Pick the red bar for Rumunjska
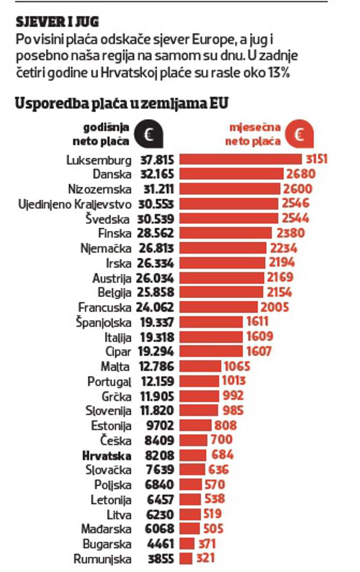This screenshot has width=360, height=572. coord(185,558)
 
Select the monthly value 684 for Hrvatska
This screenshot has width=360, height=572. coord(222,454)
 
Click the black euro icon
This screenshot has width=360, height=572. coord(148,135)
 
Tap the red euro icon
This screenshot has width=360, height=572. coord(299,135)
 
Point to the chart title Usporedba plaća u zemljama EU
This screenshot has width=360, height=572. coord(122,103)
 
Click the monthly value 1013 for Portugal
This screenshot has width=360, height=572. coord(233,380)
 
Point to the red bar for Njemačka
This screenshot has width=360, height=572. coord(222,248)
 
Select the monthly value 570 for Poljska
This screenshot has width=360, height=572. coord(214,484)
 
